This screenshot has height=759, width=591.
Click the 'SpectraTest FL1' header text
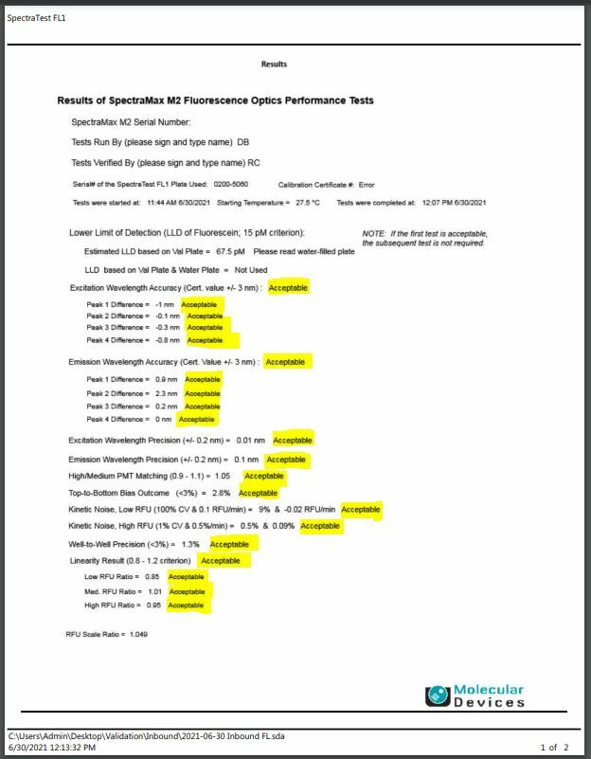[x=37, y=17]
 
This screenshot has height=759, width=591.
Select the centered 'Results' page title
[x=274, y=64]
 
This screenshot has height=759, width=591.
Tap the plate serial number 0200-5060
[x=232, y=185]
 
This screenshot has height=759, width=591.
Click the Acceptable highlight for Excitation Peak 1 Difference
[x=199, y=304]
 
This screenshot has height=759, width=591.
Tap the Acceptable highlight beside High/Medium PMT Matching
[x=263, y=476]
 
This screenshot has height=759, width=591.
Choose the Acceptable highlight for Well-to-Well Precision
[x=229, y=544]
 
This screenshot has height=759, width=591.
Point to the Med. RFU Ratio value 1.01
[x=155, y=591]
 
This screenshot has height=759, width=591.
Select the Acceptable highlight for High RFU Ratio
[x=186, y=605]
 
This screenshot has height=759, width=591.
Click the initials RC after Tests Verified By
[x=254, y=162]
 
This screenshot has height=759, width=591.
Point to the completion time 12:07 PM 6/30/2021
[x=453, y=203]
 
